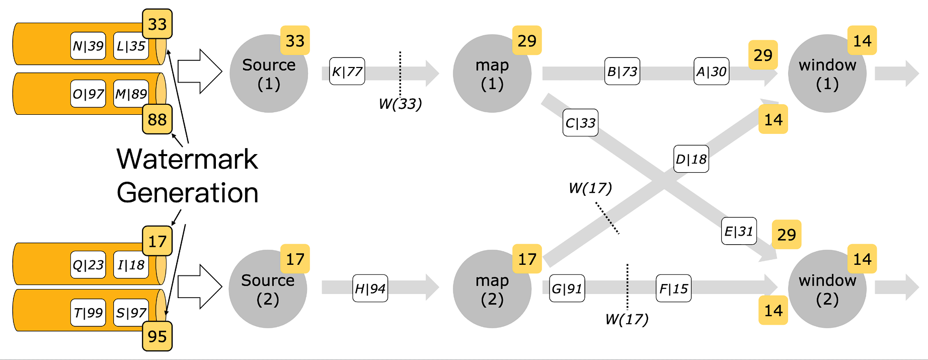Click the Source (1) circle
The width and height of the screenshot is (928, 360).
268,74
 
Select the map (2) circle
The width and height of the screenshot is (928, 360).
492,289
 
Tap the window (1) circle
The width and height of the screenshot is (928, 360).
827,74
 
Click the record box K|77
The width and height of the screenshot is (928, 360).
347,71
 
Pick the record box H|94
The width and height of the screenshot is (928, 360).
370,289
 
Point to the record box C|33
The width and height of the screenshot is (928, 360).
580,123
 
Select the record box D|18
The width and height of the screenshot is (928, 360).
691,159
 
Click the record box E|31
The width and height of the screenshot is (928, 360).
738,231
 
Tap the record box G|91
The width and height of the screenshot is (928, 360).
567,289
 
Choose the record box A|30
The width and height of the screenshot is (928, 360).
711,71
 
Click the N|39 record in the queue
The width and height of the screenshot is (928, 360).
88,46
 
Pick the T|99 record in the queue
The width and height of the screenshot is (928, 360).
88,313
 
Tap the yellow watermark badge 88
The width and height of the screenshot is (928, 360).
157,119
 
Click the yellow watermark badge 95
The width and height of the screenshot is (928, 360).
157,336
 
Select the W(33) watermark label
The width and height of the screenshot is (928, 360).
400,104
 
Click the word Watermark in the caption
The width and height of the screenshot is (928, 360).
187,159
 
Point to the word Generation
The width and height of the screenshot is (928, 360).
187,193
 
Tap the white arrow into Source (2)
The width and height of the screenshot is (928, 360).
200,286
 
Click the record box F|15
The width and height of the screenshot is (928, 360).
673,289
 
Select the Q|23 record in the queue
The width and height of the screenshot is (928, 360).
88,265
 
